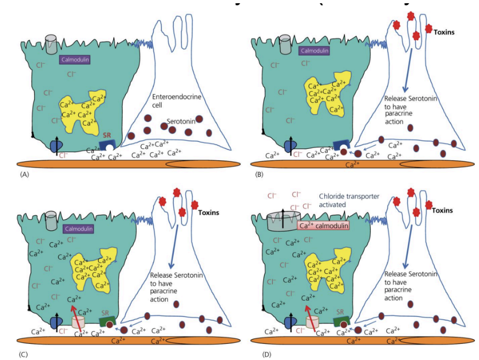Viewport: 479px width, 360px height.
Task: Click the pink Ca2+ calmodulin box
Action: coord(324,227)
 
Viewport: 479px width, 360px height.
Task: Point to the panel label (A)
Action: coord(24,175)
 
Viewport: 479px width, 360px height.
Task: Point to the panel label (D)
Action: coord(267,354)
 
